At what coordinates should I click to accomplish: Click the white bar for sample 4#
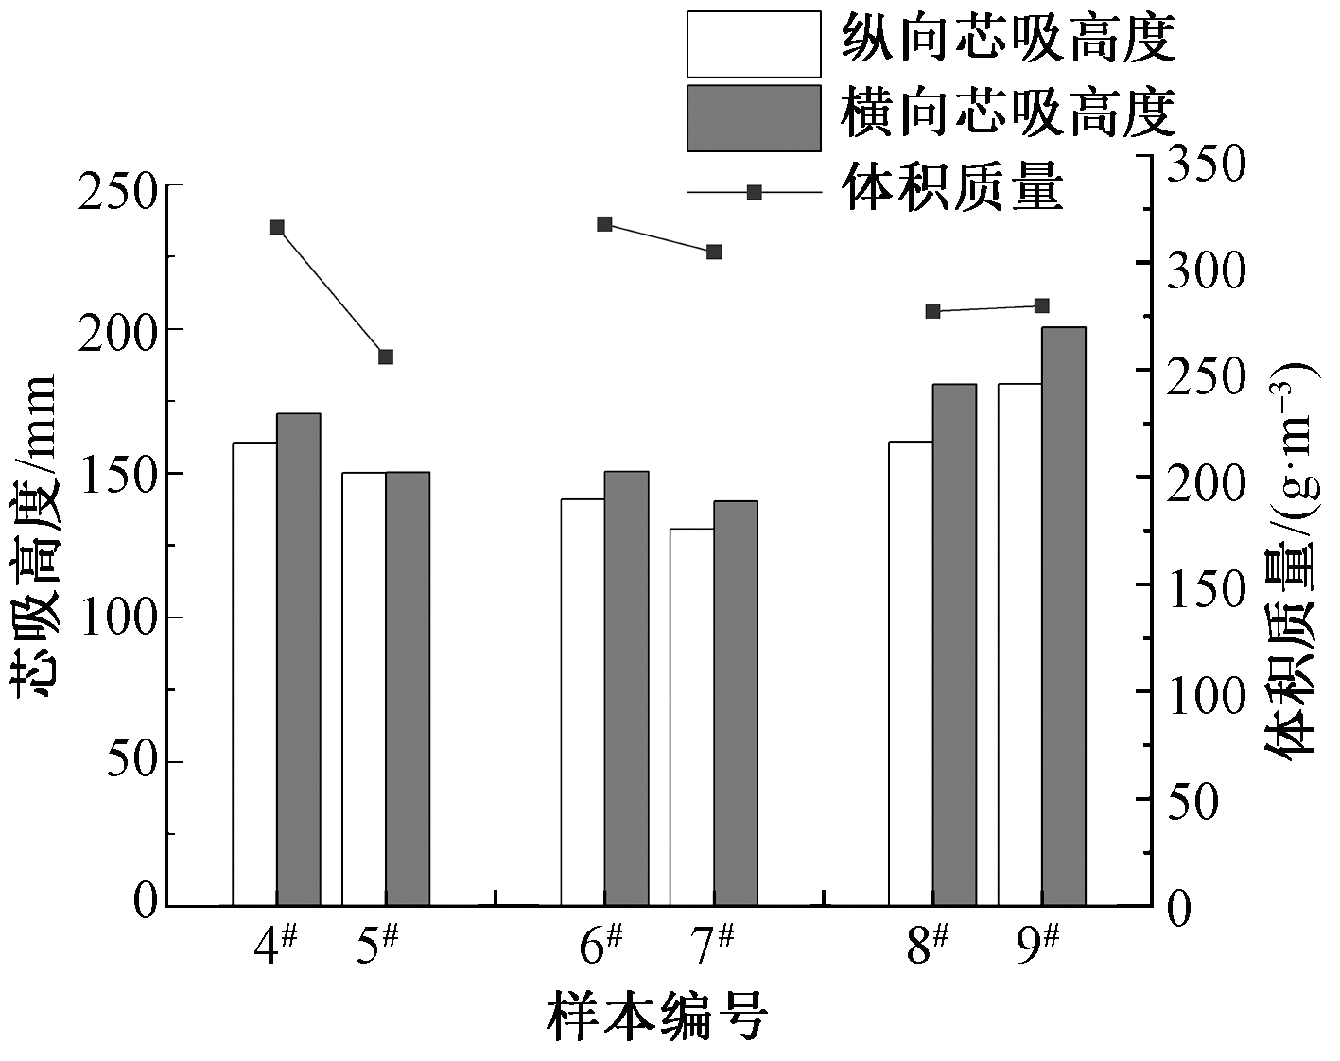[x=254, y=673]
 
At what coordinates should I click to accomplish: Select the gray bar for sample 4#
[x=298, y=659]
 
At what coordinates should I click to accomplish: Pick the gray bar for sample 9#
[x=1064, y=616]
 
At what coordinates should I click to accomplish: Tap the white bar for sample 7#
[x=691, y=717]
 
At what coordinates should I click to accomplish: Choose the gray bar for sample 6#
[x=626, y=687]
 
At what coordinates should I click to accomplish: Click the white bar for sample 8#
[x=911, y=673]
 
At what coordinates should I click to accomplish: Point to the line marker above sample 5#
[x=386, y=357]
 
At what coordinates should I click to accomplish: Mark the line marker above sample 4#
[x=277, y=227]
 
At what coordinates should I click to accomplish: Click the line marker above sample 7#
[x=714, y=252]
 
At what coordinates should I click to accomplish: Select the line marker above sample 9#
[x=1042, y=305]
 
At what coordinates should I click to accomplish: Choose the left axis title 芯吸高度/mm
[x=36, y=536]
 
